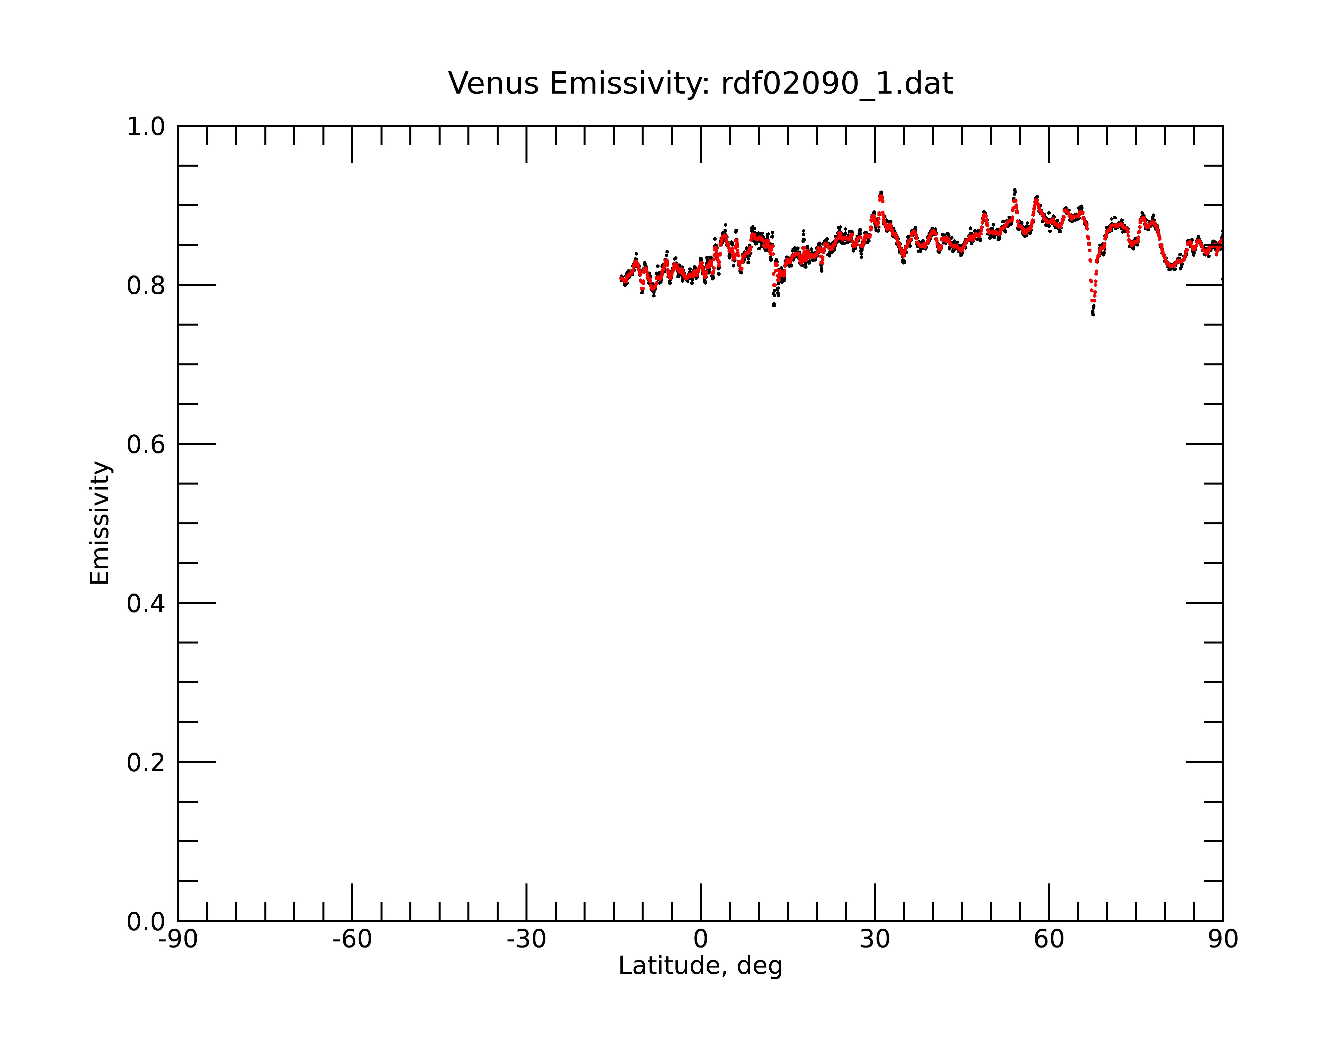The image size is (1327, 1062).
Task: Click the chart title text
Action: (x=700, y=84)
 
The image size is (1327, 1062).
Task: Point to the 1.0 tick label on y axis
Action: (x=146, y=127)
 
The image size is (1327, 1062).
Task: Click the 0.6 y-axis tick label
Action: (x=146, y=444)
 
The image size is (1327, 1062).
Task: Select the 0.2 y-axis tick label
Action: (x=146, y=763)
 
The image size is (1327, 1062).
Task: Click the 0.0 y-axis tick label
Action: (x=146, y=922)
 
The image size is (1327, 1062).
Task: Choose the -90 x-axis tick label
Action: (x=178, y=940)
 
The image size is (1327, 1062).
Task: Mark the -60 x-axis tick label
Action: (x=352, y=940)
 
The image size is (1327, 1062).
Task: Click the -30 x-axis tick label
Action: (x=526, y=940)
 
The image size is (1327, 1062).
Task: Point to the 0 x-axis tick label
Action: (x=700, y=940)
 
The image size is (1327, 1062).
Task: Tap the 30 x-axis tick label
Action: (x=874, y=940)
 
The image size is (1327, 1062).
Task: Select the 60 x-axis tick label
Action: (x=1049, y=940)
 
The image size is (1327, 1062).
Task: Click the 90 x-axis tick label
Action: (x=1223, y=940)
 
